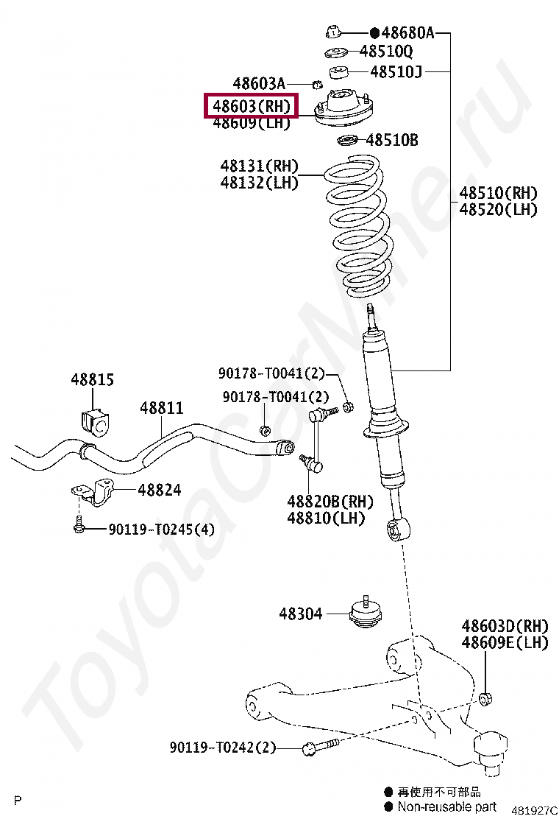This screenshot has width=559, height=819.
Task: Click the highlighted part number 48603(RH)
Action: click(252, 106)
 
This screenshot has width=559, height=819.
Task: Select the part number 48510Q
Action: click(386, 52)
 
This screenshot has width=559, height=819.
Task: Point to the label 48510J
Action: click(396, 71)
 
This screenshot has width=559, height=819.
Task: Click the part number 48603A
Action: click(259, 84)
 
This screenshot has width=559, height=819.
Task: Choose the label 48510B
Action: click(392, 140)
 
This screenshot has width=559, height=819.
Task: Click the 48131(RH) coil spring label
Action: click(260, 166)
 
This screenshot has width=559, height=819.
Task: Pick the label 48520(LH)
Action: click(499, 210)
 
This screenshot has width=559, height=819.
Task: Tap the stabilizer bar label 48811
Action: click(162, 408)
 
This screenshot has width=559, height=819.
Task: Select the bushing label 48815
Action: click(93, 380)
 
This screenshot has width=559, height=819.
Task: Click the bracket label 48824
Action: click(160, 490)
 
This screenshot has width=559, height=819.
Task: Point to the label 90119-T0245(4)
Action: click(162, 530)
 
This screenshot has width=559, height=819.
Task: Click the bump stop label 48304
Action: click(300, 613)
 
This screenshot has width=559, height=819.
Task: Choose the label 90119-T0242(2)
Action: click(223, 748)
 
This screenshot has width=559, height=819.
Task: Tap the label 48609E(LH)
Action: click(505, 643)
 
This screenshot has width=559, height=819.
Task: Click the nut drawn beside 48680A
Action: click(333, 32)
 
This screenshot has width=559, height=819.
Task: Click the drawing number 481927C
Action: click(534, 810)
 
